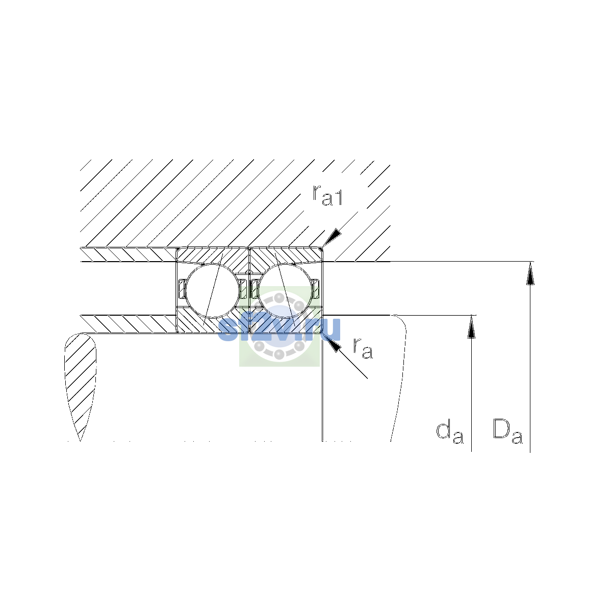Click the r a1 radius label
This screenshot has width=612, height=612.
point(327,195)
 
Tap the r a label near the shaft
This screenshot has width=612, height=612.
point(363,349)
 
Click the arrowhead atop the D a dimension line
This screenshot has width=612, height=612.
point(530,273)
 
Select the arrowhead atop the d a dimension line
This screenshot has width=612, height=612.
point(472,327)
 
